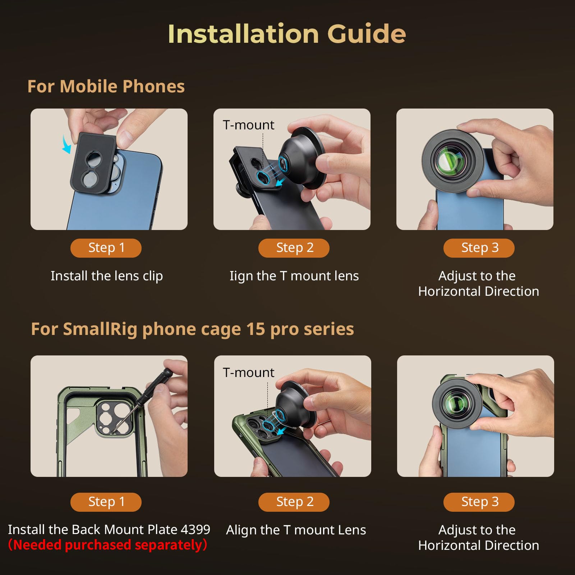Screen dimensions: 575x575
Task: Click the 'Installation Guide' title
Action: point(287,34)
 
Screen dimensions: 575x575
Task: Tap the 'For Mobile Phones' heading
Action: point(106,87)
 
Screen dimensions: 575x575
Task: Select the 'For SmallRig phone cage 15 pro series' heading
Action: point(192,329)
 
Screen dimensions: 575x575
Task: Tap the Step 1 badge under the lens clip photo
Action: point(106,248)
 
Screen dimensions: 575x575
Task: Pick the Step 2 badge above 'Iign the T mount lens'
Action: point(294,248)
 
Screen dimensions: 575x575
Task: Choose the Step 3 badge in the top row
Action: point(479,248)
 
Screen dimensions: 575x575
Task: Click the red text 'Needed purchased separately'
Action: point(108,545)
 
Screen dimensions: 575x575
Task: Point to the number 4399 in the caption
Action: point(195,529)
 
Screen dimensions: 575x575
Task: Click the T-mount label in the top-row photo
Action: point(248,125)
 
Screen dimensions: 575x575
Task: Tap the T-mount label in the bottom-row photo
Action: point(248,373)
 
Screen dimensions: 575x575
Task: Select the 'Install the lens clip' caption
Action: point(107,276)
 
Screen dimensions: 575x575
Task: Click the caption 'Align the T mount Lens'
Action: point(296,530)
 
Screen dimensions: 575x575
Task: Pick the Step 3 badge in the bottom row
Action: point(479,502)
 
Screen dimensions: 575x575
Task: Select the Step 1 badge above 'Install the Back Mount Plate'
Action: point(106,502)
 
